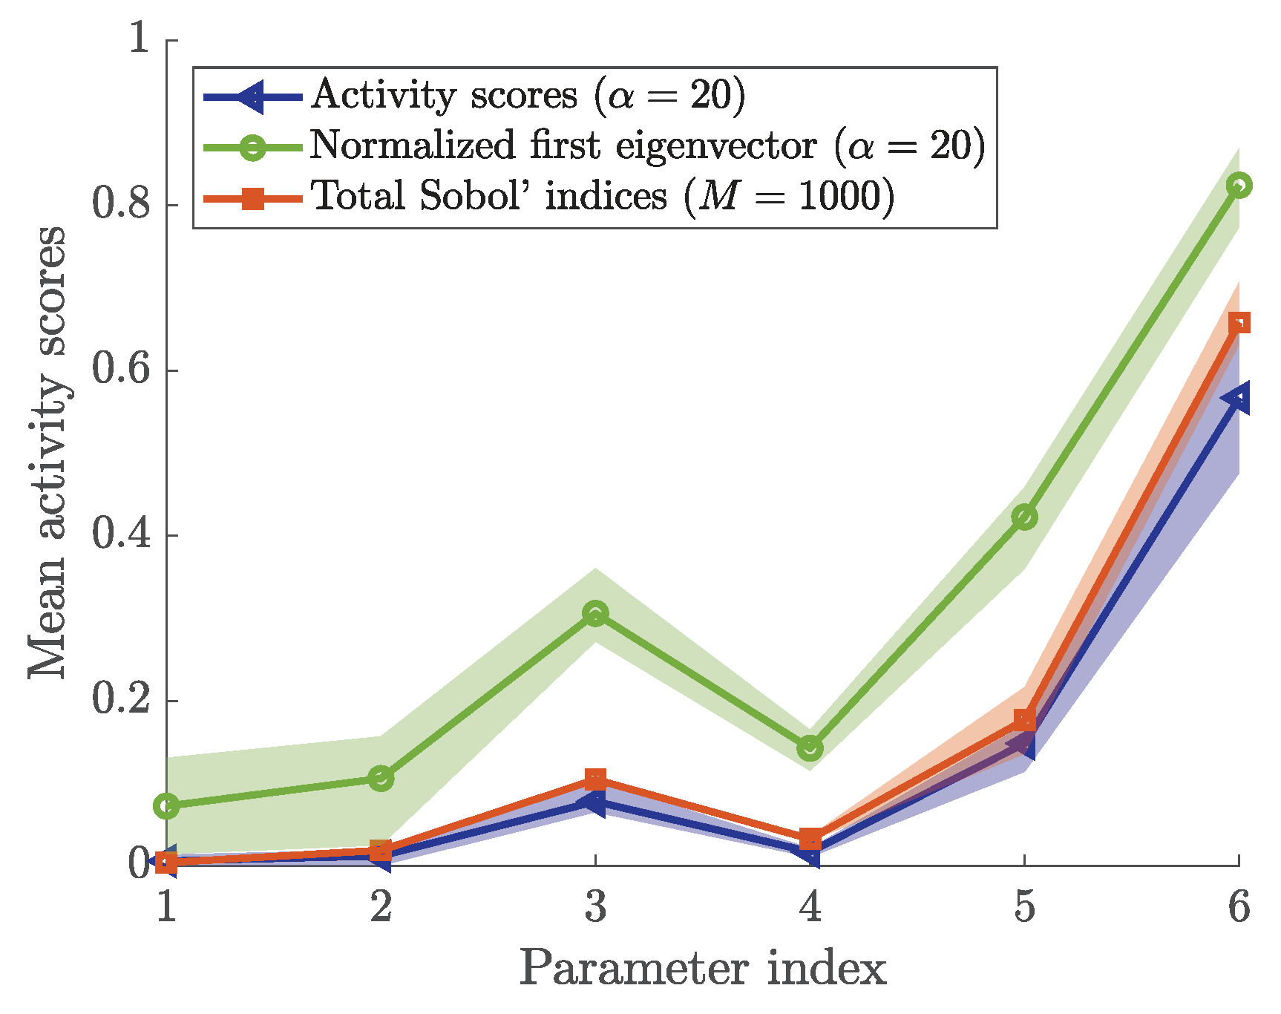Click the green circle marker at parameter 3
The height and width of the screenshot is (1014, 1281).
pyautogui.click(x=595, y=614)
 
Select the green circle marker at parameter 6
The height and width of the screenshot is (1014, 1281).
pyautogui.click(x=1239, y=185)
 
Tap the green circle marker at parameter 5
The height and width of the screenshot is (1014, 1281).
pyautogui.click(x=1024, y=517)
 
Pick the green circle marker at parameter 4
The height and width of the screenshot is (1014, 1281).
pyautogui.click(x=810, y=748)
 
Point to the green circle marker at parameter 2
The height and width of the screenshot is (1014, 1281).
pyautogui.click(x=381, y=779)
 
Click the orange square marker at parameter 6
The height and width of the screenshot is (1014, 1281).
pyautogui.click(x=1239, y=323)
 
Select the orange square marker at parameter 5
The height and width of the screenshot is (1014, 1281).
pyautogui.click(x=1024, y=719)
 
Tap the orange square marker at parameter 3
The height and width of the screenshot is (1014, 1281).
pyautogui.click(x=595, y=779)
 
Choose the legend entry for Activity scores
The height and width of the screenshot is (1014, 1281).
pyautogui.click(x=527, y=96)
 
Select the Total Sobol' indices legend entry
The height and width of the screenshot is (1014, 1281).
pyautogui.click(x=602, y=197)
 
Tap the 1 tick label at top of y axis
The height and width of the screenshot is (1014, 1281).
pyautogui.click(x=140, y=39)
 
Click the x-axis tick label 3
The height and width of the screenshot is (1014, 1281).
pyautogui.click(x=595, y=907)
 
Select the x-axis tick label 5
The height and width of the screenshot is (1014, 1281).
pyautogui.click(x=1024, y=907)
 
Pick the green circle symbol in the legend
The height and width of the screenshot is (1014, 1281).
pyautogui.click(x=252, y=146)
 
